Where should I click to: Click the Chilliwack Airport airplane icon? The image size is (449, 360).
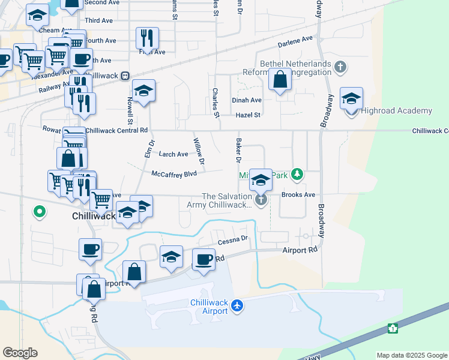[x=237, y=306]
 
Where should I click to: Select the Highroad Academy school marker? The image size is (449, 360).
[x=351, y=98]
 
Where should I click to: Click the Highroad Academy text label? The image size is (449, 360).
[x=397, y=111]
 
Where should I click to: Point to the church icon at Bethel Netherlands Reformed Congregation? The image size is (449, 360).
[x=340, y=66]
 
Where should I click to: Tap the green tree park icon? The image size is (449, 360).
[x=296, y=175]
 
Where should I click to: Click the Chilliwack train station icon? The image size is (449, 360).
[x=125, y=76]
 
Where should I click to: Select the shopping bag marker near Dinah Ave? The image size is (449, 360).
[x=280, y=80]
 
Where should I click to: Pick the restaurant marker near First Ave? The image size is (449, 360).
[x=147, y=39]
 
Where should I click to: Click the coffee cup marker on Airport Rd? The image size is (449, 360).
[x=203, y=260]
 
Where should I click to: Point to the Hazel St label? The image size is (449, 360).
[x=249, y=115]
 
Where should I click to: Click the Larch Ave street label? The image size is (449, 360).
[x=173, y=154]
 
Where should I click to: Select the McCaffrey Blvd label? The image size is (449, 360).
[x=175, y=174]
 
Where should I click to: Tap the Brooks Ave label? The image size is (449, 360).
[x=298, y=195]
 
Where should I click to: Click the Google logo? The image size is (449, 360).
[x=20, y=353]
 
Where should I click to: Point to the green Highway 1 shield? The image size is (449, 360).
[x=393, y=328]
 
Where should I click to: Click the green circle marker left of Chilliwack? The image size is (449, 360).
[x=40, y=212]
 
